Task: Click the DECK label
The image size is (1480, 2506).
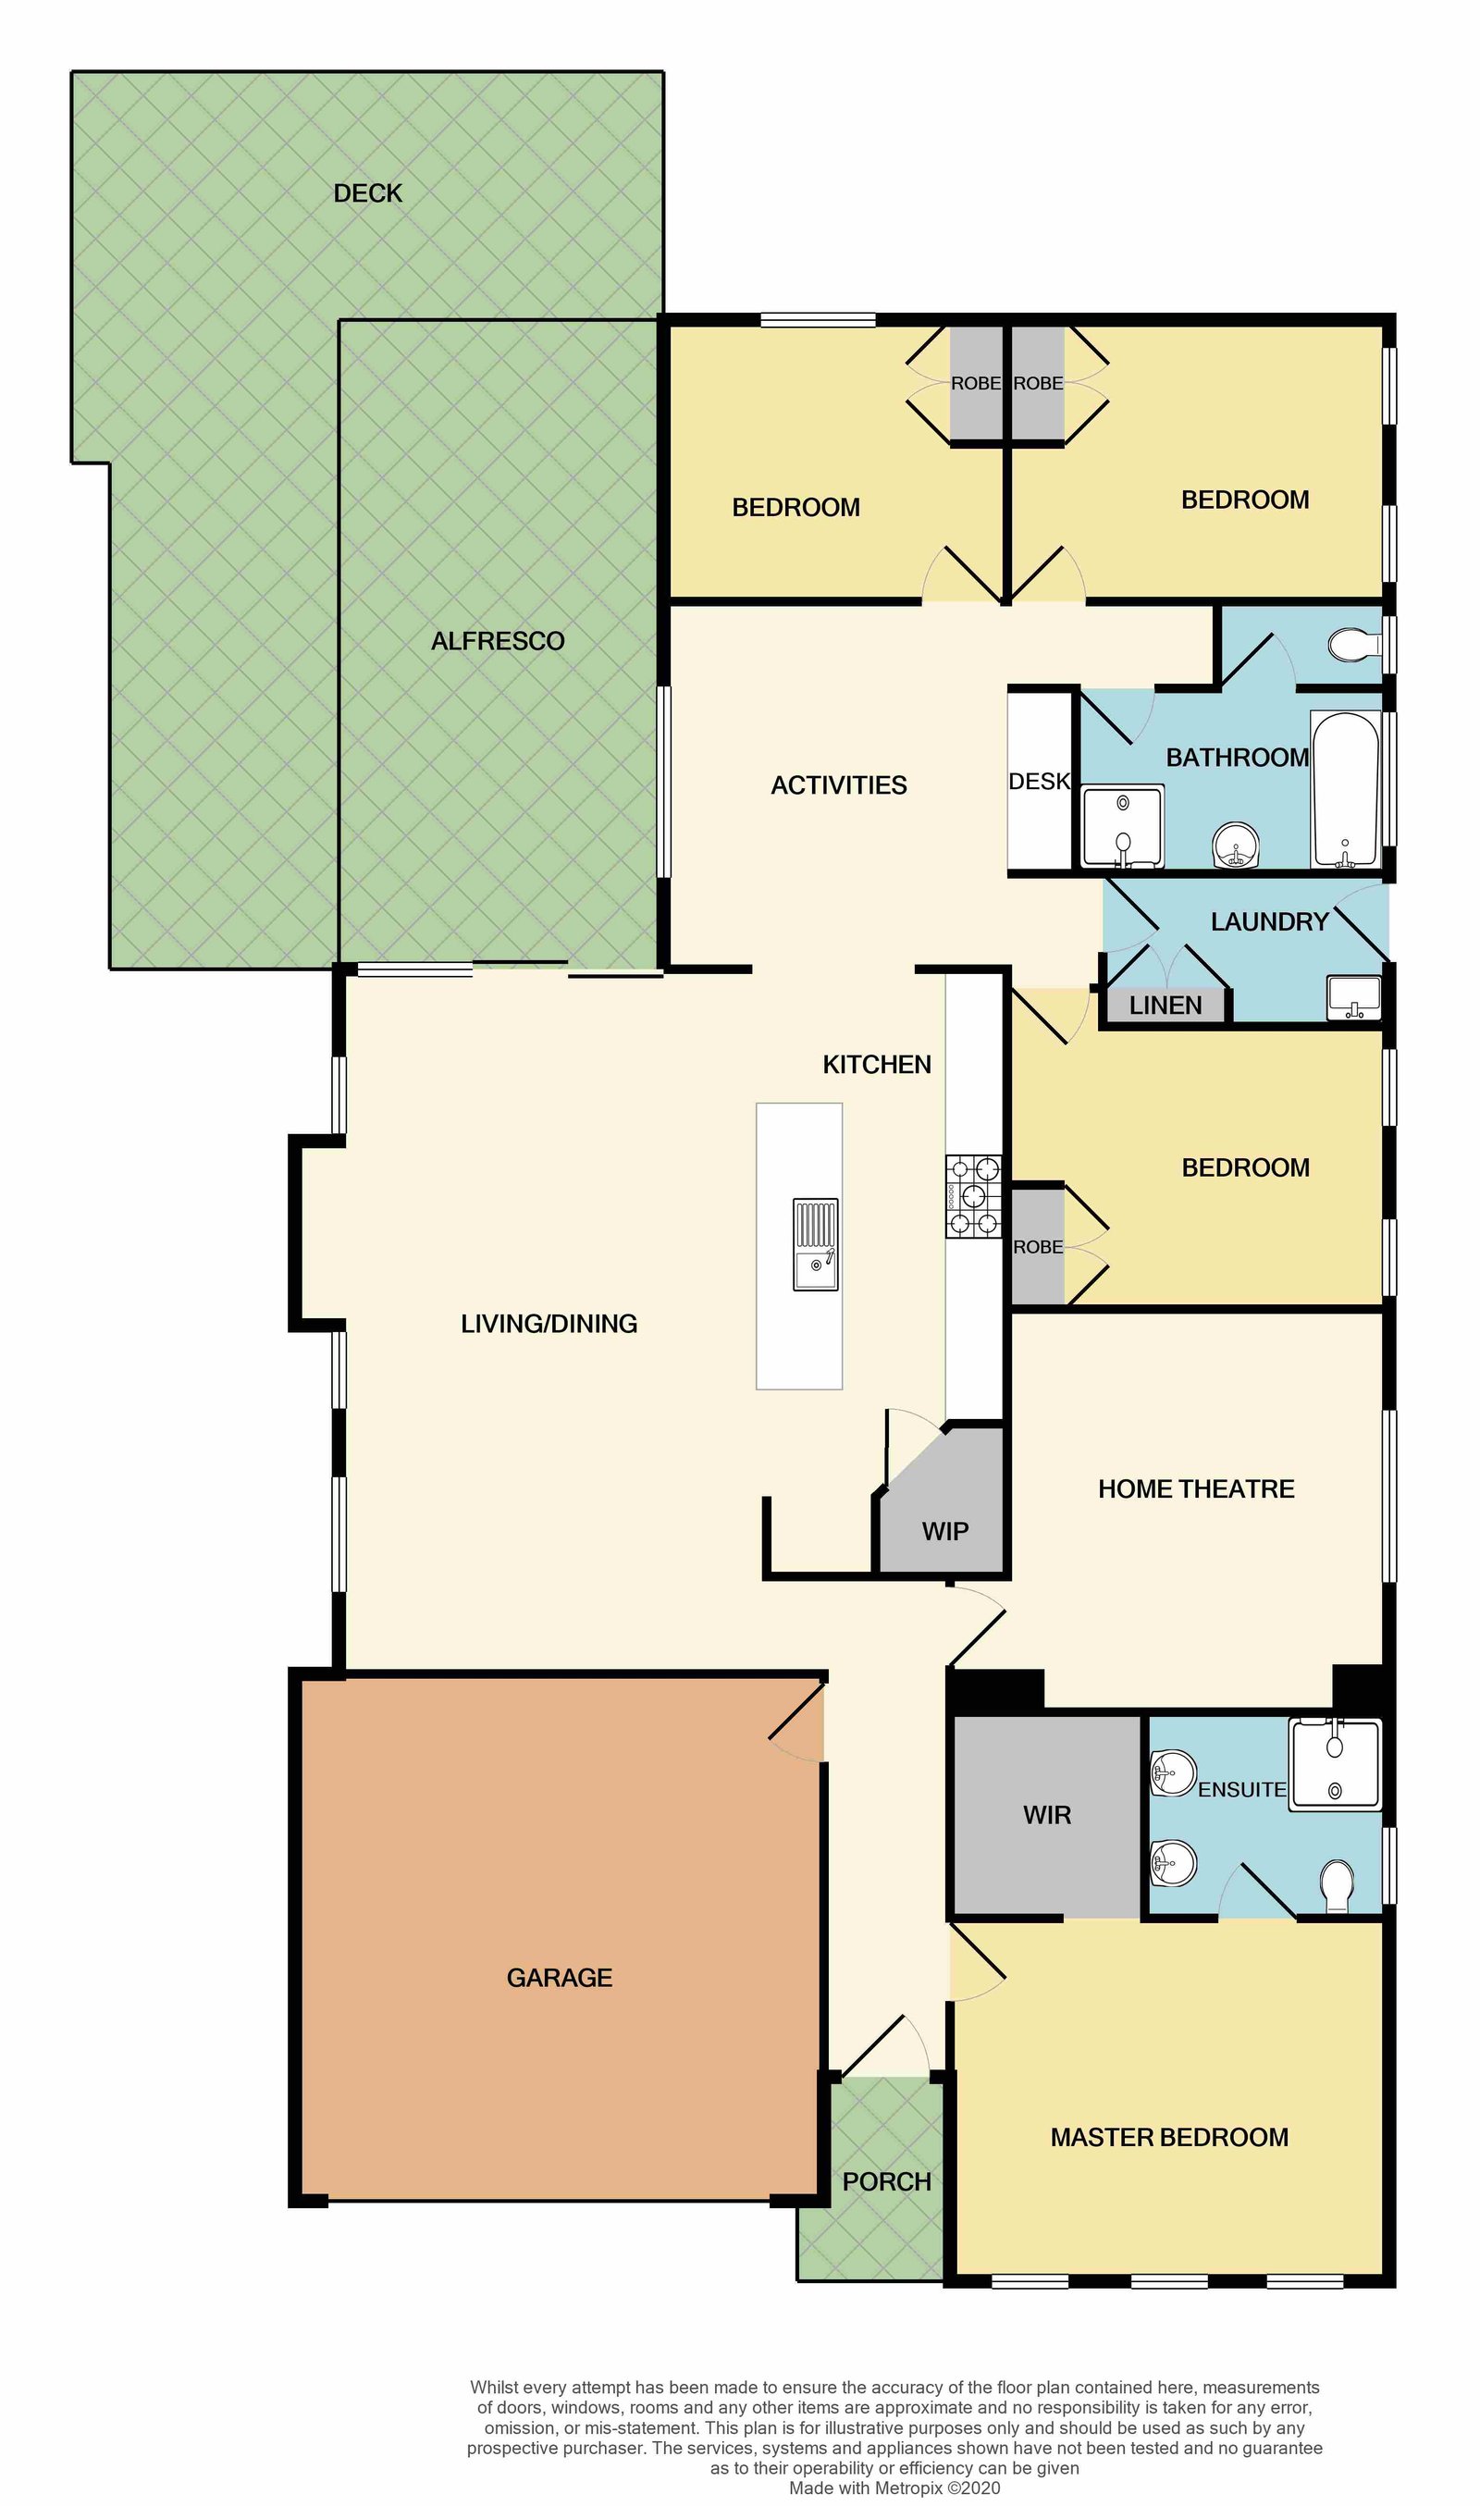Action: (367, 193)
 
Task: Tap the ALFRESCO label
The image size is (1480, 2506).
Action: (498, 641)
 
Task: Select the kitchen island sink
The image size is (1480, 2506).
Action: (816, 1244)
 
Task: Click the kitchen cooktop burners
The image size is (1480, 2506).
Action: (973, 1196)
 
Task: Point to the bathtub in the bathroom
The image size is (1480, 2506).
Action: (1345, 789)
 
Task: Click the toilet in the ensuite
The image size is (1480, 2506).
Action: (1337, 1888)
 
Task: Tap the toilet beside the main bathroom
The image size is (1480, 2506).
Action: (1354, 645)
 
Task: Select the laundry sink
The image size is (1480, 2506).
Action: (1353, 997)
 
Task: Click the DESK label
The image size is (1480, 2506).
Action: (1039, 782)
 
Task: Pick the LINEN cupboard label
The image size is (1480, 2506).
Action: (1165, 1006)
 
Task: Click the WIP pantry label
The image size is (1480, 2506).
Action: (944, 1531)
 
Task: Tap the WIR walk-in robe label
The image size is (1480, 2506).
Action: (1047, 1815)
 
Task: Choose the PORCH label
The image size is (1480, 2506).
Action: (886, 2182)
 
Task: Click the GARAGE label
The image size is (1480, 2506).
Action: (559, 1978)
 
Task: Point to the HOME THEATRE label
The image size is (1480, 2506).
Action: (1196, 1488)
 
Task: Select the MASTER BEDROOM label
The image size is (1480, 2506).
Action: (1169, 2137)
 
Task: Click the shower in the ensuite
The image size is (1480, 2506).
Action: (1336, 1764)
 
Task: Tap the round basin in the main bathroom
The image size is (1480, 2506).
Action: (1237, 846)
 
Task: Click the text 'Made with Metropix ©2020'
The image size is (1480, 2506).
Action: (894, 2488)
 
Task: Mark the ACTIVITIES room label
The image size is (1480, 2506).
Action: (839, 785)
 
